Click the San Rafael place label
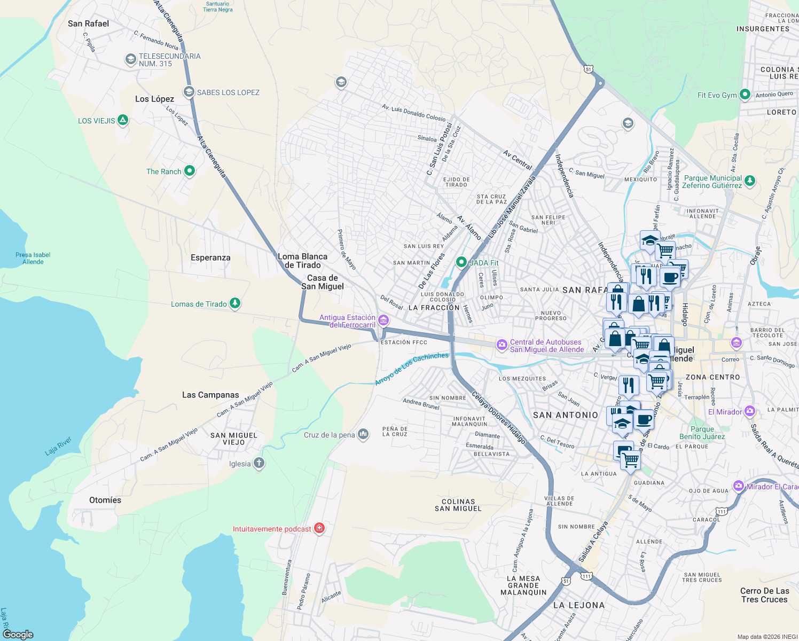[88, 24]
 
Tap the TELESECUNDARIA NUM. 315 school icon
[130, 59]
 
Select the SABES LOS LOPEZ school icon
[189, 92]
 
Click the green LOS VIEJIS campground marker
[123, 120]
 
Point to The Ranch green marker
[190, 171]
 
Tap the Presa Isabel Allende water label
[33, 259]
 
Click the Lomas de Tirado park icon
[234, 303]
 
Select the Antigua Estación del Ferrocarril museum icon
[383, 320]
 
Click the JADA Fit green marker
[461, 262]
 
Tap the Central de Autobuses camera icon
[502, 345]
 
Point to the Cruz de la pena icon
[363, 434]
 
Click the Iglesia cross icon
[259, 463]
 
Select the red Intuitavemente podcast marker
[319, 528]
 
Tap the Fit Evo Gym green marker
[745, 95]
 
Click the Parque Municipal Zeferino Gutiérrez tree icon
[750, 181]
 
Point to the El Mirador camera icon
[750, 411]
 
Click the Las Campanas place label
[210, 395]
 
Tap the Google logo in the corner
[18, 634]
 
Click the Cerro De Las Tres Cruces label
[764, 595]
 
